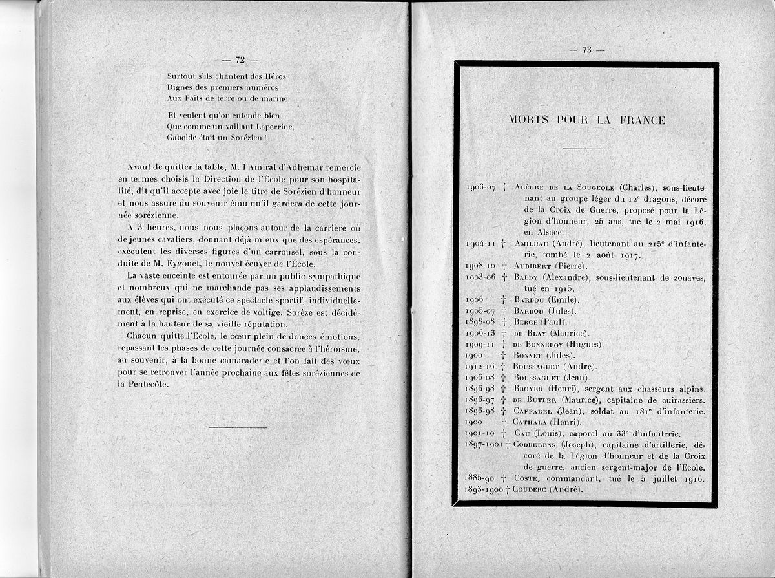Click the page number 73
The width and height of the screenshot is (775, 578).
pos(586,51)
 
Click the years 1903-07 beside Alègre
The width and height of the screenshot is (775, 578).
pos(481,187)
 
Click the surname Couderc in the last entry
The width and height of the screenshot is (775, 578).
pos(532,489)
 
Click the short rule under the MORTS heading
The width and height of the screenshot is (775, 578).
pos(586,149)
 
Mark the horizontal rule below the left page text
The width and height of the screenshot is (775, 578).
pos(238,427)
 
